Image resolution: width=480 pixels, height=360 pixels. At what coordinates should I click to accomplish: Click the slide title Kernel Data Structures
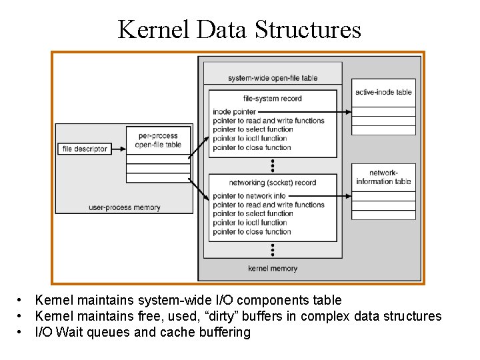tap(239, 29)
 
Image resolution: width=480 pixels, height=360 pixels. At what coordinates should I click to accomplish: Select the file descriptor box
tap(84, 149)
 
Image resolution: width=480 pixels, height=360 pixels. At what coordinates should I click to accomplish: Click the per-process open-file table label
tap(158, 140)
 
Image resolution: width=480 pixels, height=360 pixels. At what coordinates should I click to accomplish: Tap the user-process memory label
tap(125, 207)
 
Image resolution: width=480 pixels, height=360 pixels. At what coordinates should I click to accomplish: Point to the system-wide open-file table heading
tap(273, 78)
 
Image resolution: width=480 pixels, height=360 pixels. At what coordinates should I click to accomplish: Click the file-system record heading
tap(272, 99)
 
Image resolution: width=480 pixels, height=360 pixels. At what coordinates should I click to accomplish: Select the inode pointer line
tap(234, 111)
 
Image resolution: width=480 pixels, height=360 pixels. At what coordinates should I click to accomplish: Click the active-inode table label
tap(383, 92)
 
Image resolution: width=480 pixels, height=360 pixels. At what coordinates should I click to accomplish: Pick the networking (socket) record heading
tap(272, 183)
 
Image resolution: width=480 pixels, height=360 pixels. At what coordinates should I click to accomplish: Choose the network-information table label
tap(383, 177)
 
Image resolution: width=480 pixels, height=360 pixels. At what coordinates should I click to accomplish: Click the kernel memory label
tap(272, 269)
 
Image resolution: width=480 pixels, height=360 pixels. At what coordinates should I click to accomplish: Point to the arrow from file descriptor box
tap(118, 149)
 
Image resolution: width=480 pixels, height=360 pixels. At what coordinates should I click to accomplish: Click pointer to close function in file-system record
tap(251, 147)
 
